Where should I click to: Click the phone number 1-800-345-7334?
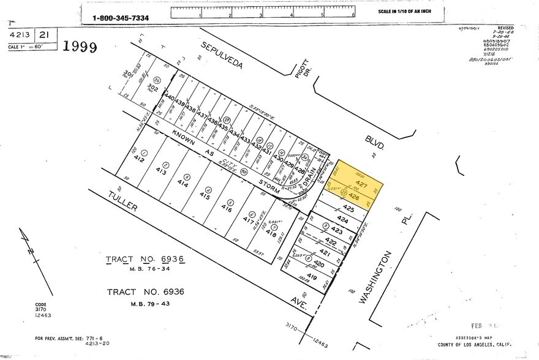pyautogui.click(x=121, y=18)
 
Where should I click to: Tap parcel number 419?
pyautogui.click(x=312, y=276)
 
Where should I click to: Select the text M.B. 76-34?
pyautogui.click(x=145, y=270)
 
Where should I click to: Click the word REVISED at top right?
pyautogui.click(x=506, y=28)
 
